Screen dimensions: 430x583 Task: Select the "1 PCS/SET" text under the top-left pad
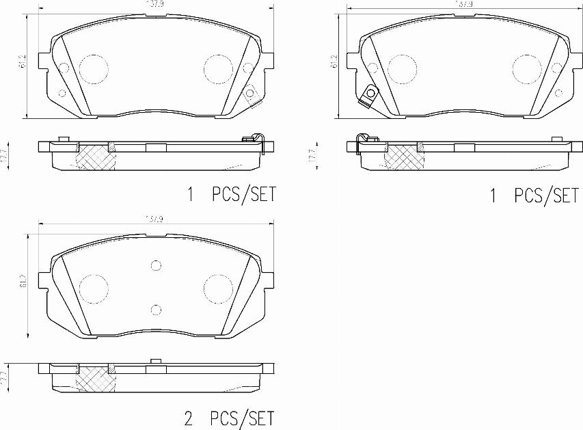[x=231, y=195]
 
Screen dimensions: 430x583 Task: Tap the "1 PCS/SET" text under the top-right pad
[x=534, y=196]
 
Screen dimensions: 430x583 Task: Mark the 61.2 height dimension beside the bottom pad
[x=23, y=280]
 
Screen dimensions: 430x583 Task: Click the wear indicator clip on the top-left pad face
[x=251, y=94]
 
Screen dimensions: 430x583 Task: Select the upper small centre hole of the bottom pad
[x=156, y=266]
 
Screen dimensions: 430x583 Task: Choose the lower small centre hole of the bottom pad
[x=156, y=310]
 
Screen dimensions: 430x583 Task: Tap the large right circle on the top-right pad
[x=526, y=67]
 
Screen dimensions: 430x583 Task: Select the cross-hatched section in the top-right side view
[x=403, y=157]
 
